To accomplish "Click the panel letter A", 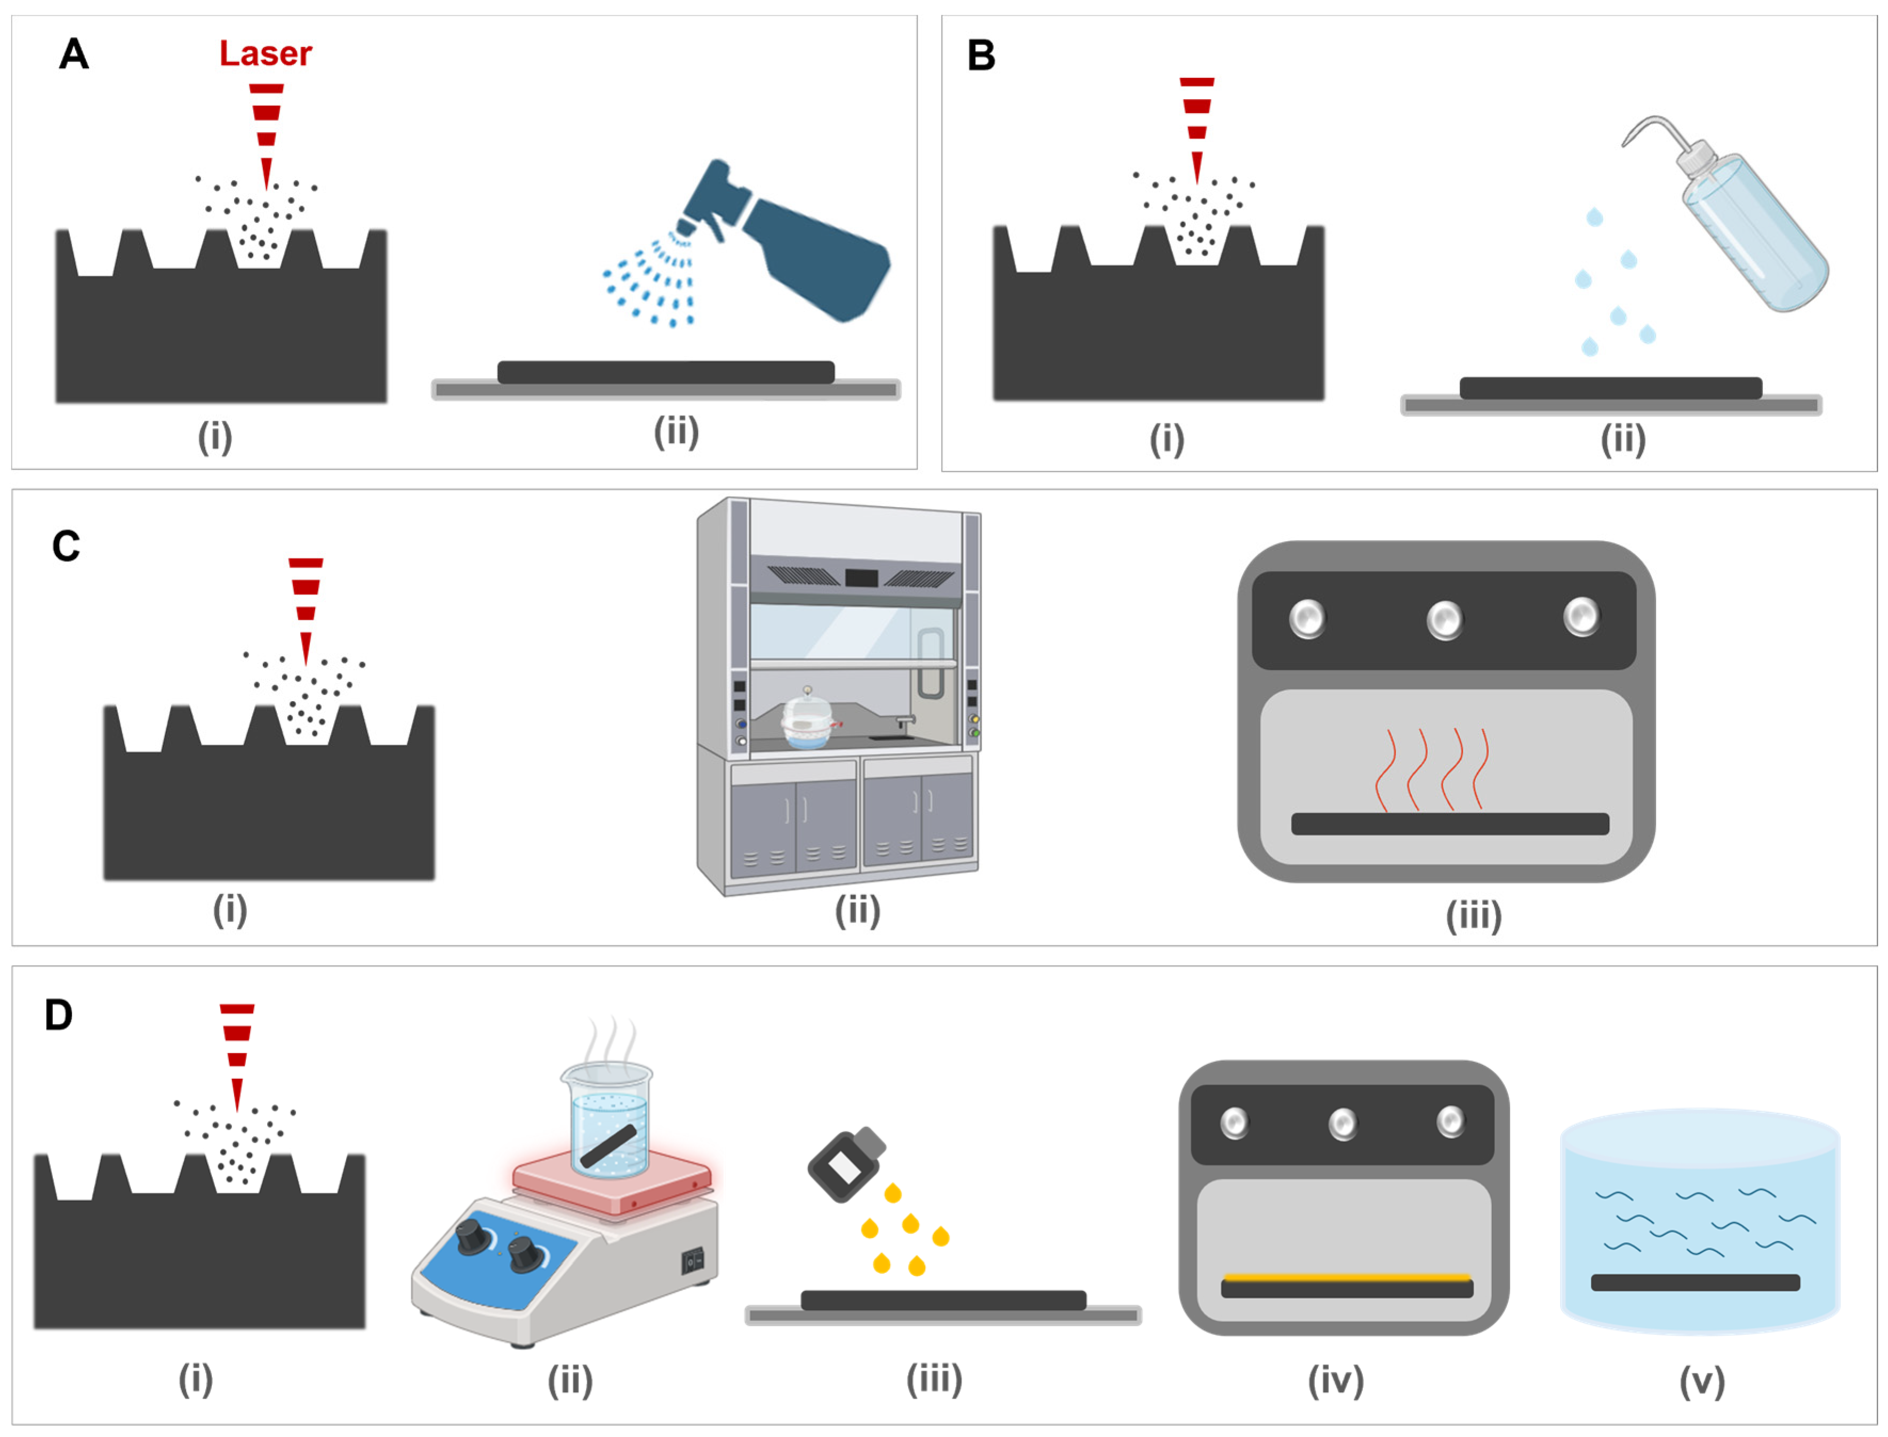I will click(x=74, y=55).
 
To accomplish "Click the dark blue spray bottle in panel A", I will click(x=804, y=248).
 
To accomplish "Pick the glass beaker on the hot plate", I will click(x=607, y=1120).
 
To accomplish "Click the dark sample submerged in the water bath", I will click(x=1695, y=1282).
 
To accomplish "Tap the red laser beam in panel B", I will click(x=1196, y=129).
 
